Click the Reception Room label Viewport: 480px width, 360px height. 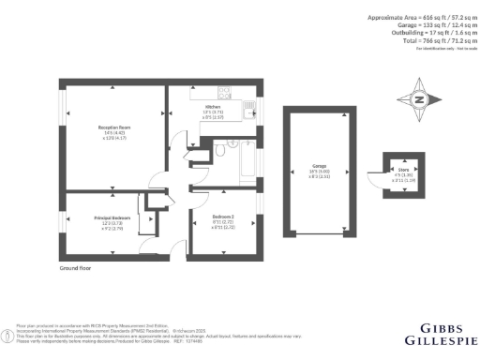pyautogui.click(x=113, y=126)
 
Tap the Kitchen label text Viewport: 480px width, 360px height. pyautogui.click(x=214, y=107)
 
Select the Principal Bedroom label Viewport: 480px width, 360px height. pyautogui.click(x=112, y=217)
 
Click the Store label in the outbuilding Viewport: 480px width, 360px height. pyautogui.click(x=400, y=169)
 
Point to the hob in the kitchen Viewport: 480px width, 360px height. pyautogui.click(x=225, y=91)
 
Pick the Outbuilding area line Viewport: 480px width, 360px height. pyautogui.click(x=421, y=34)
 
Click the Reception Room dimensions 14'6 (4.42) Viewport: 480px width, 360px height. pyautogui.click(x=113, y=132)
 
